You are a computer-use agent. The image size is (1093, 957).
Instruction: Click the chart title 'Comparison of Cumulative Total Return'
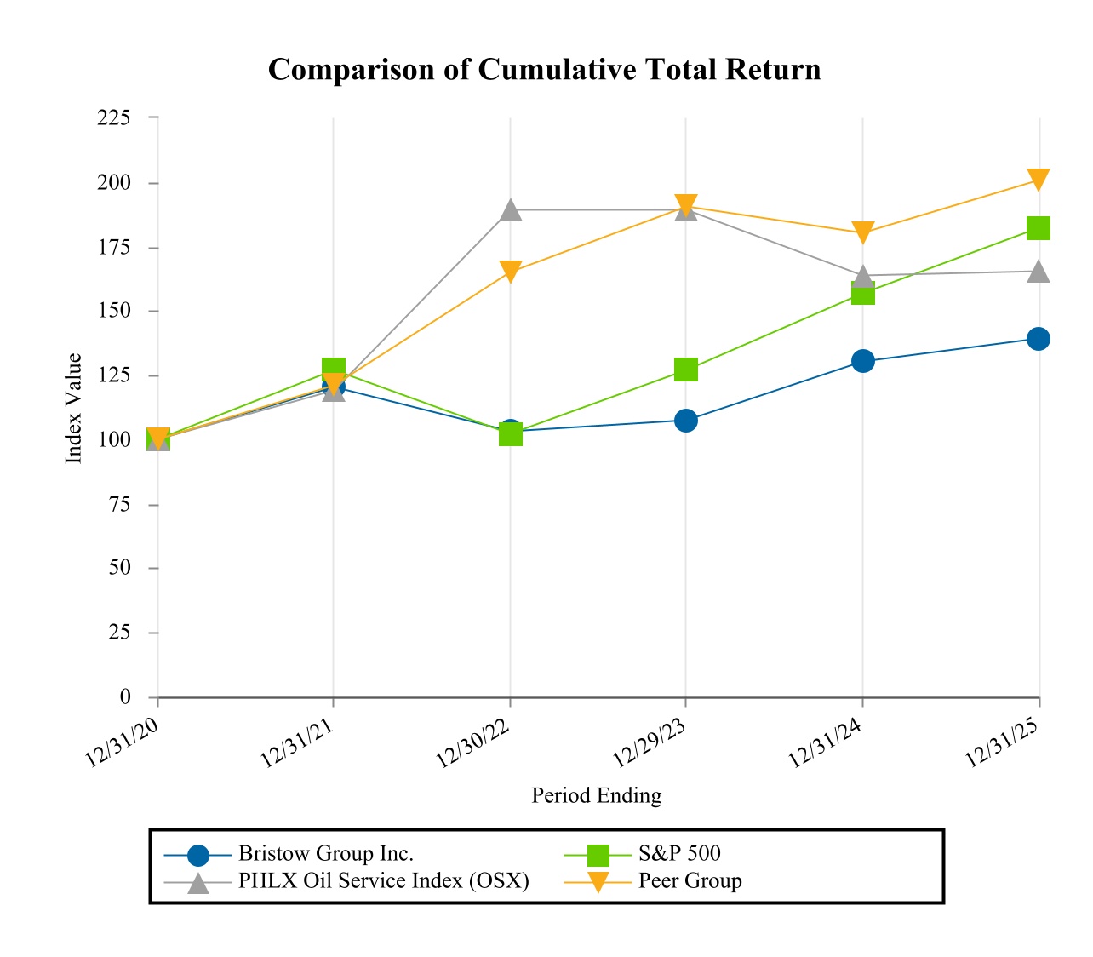tap(545, 69)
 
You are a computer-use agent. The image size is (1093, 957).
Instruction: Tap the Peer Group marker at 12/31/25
tap(1038, 180)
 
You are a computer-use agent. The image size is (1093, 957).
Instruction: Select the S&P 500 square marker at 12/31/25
tap(1038, 228)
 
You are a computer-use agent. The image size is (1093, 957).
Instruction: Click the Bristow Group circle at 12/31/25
tap(1038, 339)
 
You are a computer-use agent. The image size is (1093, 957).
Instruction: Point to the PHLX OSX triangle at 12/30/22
tap(510, 209)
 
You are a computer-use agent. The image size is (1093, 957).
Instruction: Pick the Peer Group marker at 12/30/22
tap(510, 272)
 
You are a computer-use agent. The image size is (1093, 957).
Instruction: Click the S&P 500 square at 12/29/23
tap(686, 370)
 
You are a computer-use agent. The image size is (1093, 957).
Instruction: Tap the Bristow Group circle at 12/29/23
tap(686, 421)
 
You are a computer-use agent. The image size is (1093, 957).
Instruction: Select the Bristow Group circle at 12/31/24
tap(862, 361)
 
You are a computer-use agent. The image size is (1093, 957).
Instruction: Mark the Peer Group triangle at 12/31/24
tap(862, 232)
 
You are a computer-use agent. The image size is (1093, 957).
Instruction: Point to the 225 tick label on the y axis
tap(114, 117)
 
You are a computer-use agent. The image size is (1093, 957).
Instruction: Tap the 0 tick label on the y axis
tap(125, 697)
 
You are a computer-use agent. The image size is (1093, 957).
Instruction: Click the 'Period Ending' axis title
tap(596, 795)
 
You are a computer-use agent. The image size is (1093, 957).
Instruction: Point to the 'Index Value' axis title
tap(74, 408)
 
